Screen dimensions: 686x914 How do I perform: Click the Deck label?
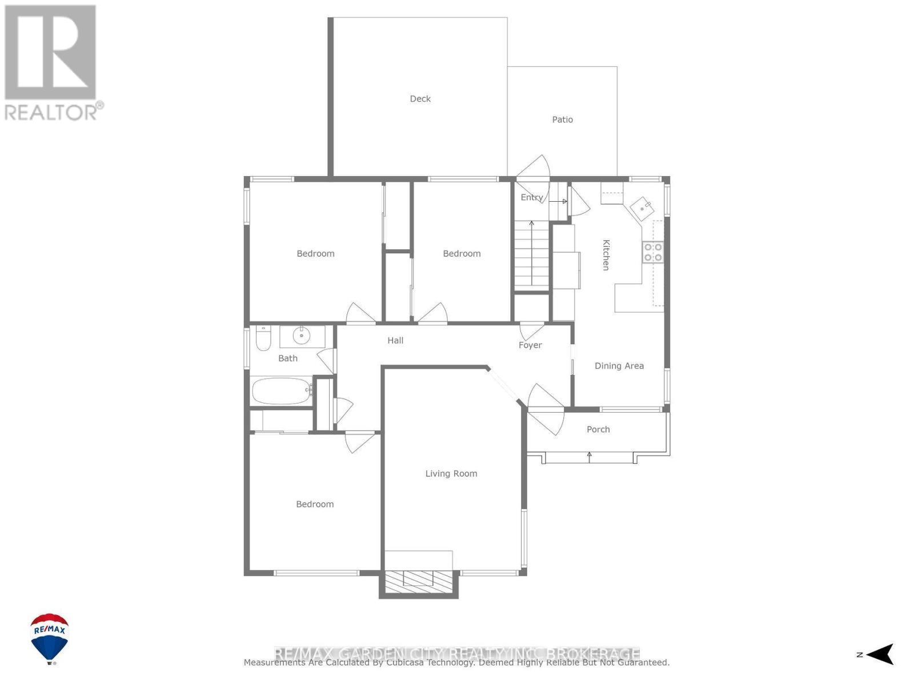420,99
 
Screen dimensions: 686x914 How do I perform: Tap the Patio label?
562,119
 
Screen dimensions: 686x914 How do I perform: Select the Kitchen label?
606,254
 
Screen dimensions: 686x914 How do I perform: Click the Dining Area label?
619,366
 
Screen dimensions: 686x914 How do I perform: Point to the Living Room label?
451,473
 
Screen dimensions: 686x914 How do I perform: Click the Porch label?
598,429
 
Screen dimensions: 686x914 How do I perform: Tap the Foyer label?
530,345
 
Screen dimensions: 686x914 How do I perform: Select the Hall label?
395,341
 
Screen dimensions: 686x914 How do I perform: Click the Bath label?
288,358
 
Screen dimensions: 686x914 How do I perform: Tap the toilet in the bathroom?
263,339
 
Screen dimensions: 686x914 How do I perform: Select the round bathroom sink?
301,336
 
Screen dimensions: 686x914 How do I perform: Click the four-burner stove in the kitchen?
653,252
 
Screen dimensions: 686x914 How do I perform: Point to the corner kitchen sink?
642,206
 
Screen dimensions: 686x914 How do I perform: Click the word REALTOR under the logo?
51,112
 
